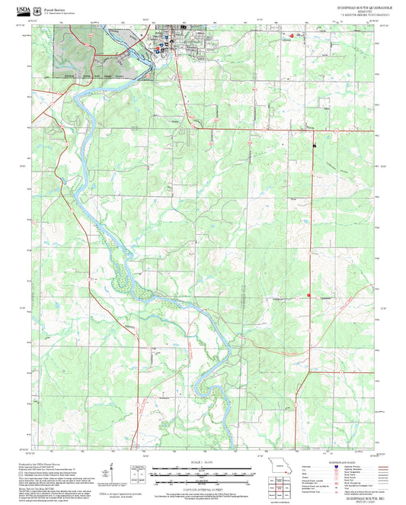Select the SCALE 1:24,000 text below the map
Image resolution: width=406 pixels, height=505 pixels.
194,462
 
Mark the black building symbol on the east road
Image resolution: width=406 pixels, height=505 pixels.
313,143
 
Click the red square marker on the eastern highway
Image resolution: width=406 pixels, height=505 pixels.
308,295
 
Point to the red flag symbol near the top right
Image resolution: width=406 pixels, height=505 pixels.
289,34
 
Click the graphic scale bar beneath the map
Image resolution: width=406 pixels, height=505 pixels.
194,473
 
